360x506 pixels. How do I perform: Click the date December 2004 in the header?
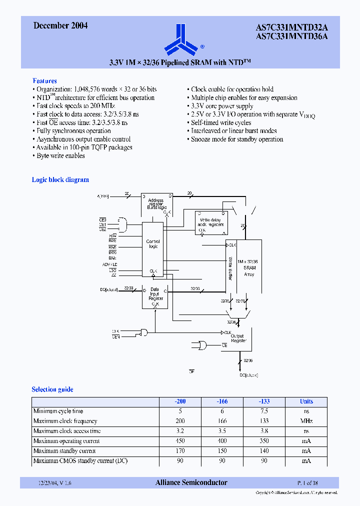pyautogui.click(x=60, y=26)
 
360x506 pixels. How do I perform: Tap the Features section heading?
pyautogui.click(x=44, y=80)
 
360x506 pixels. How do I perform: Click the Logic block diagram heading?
pyautogui.click(x=60, y=179)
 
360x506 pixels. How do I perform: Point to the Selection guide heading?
pyautogui.click(x=52, y=389)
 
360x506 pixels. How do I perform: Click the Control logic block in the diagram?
pyautogui.click(x=153, y=244)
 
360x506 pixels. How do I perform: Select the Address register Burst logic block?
pyautogui.click(x=156, y=203)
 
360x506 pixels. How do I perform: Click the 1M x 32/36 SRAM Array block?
pyautogui.click(x=249, y=268)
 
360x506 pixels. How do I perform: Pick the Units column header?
pyautogui.click(x=306, y=401)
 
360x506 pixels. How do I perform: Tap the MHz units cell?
pyautogui.click(x=306, y=421)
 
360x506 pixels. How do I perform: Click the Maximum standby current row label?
pyautogui.click(x=64, y=451)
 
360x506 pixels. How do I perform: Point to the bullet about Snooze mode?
pyautogui.click(x=237, y=139)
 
